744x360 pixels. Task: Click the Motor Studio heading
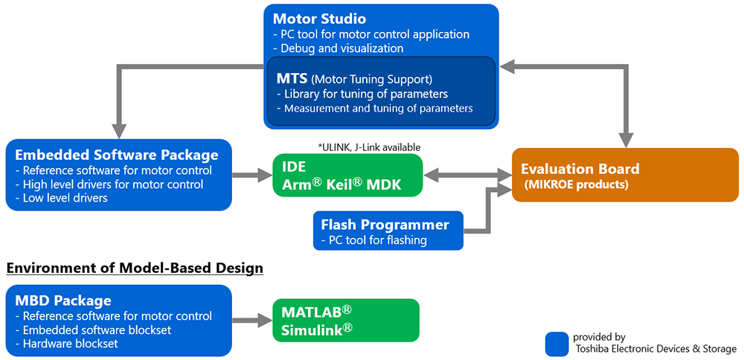319,19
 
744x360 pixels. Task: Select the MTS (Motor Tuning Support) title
353,78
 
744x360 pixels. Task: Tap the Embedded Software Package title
117,155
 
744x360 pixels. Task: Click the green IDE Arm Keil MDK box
347,176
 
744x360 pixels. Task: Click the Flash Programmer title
385,225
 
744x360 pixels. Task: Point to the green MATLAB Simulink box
345,321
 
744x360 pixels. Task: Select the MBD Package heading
63,301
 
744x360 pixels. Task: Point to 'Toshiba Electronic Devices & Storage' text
655,349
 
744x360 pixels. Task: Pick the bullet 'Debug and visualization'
339,48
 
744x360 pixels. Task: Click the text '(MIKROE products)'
576,184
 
